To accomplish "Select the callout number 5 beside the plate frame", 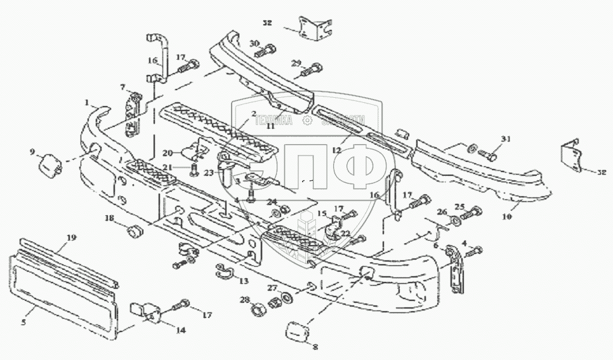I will (23, 323).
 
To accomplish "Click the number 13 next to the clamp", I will (244, 281).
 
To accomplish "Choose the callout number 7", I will (122, 86).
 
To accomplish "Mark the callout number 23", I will (209, 170).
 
